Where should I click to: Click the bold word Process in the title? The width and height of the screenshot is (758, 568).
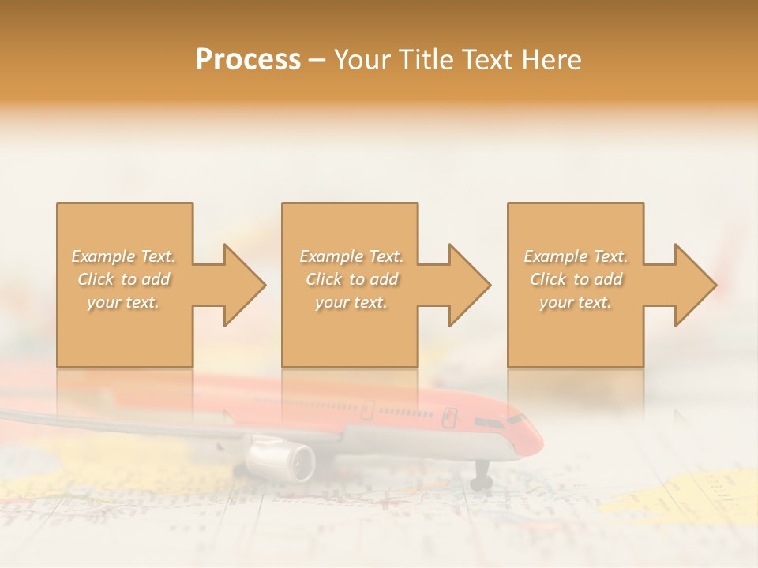pos(248,60)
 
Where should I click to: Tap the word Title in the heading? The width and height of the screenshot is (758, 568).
pos(426,60)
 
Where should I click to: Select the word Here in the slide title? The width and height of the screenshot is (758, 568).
pos(552,60)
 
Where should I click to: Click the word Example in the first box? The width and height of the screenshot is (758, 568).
pos(103,256)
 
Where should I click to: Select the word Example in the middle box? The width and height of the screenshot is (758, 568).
pos(330,256)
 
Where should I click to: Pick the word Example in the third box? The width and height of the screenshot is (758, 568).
pos(554,256)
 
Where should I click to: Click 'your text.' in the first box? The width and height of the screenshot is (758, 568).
pos(123,302)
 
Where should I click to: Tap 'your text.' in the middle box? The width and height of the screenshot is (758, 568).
pos(351,302)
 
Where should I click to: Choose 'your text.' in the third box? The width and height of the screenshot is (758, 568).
pos(576,302)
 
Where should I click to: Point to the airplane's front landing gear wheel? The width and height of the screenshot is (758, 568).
pos(482,480)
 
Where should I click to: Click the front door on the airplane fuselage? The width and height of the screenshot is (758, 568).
pos(451,415)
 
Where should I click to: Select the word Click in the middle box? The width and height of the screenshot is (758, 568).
pos(322,279)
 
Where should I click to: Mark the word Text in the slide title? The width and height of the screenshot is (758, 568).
pos(489,60)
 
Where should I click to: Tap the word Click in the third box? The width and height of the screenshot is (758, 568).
pos(547,279)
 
